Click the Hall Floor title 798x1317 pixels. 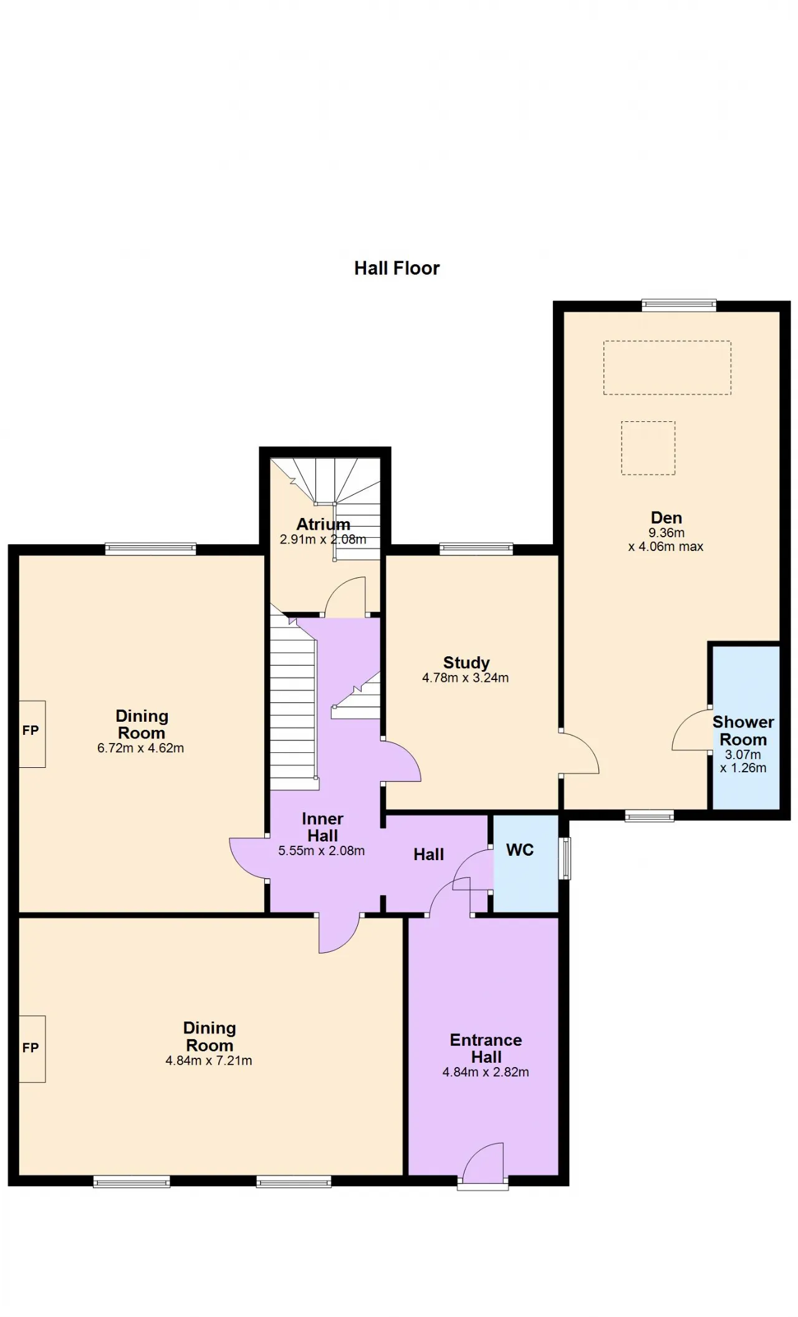pos(397,268)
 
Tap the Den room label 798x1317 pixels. pos(666,517)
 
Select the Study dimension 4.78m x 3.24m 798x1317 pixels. pos(466,678)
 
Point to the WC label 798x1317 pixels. pos(520,850)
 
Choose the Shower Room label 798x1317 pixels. pos(743,730)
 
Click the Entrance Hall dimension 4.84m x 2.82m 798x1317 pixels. pos(486,1073)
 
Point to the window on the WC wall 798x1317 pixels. pos(565,858)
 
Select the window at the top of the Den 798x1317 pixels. pos(680,305)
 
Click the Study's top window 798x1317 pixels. pos(476,549)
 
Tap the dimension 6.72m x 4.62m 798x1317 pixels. pos(140,748)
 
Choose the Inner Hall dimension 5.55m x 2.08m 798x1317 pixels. pos(322,851)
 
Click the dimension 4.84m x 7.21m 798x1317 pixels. pos(209,1060)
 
